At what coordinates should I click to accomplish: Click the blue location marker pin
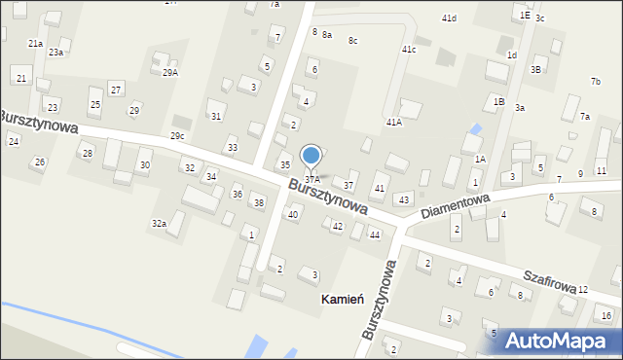coord(311,156)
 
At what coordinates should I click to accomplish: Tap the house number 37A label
coord(311,180)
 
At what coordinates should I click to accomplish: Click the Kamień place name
coord(343,300)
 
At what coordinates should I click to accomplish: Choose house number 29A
coord(169,73)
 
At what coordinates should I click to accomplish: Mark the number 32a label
coord(159,224)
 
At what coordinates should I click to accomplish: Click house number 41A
coord(394,123)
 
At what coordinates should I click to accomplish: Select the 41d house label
coord(449,18)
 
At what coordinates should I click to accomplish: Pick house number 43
coord(403,199)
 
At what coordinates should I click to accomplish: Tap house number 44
coord(374,235)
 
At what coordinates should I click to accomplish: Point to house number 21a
coord(35,44)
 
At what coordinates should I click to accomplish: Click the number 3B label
coord(535,70)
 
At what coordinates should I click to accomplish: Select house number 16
coord(606,316)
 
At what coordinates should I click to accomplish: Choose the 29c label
coord(177,135)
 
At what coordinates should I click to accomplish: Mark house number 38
coord(258,202)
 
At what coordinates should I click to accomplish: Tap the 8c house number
coord(353,40)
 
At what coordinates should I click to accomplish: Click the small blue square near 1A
coord(475,128)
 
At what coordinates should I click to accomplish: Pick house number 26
coord(40,162)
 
